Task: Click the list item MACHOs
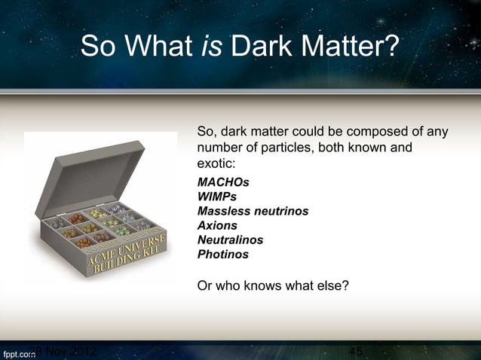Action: click(222, 183)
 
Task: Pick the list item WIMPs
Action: click(216, 197)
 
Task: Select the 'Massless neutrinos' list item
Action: click(252, 212)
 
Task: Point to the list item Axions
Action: click(217, 226)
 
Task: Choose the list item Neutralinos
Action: click(230, 240)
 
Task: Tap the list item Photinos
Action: click(222, 255)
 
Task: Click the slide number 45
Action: click(357, 352)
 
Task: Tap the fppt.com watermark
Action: click(17, 352)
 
